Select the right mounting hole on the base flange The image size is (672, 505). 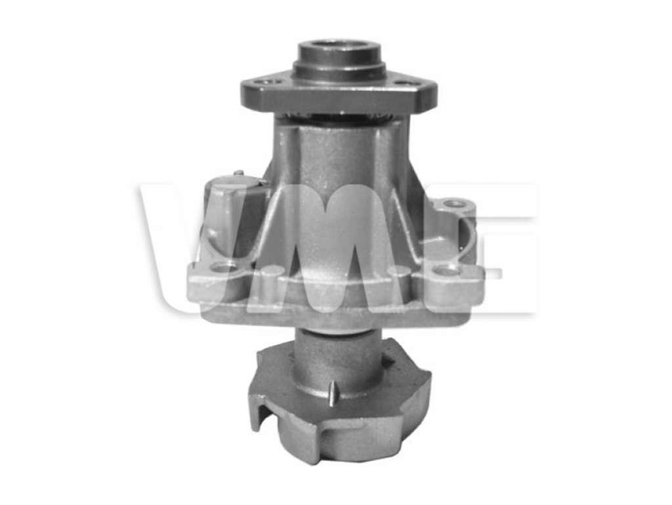tap(446, 270)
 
